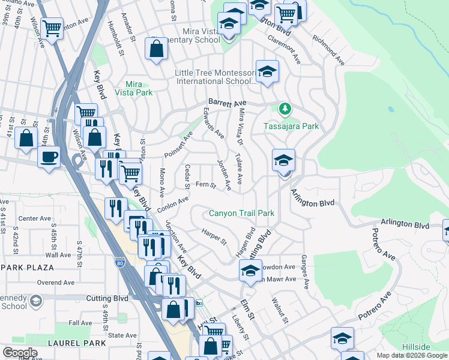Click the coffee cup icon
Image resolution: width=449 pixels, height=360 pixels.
pyautogui.click(x=49, y=157)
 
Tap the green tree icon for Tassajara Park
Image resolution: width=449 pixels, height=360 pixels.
pyautogui.click(x=285, y=109)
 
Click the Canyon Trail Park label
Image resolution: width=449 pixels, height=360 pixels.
pyautogui.click(x=241, y=213)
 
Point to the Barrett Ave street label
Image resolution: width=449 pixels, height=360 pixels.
pyautogui.click(x=228, y=103)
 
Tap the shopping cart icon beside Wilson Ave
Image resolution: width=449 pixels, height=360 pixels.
pyautogui.click(x=52, y=26)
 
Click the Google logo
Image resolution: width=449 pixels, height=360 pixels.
pyautogui.click(x=19, y=353)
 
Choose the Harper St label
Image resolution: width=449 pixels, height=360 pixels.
pyautogui.click(x=214, y=236)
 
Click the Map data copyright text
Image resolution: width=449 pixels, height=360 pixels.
pyautogui.click(x=411, y=355)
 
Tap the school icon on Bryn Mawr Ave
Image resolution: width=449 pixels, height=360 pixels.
pyautogui.click(x=250, y=271)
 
